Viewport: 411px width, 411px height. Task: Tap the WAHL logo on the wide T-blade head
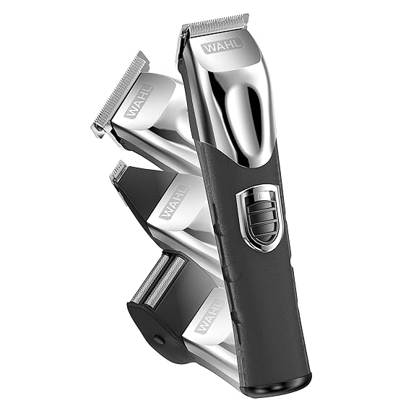click(x=139, y=102)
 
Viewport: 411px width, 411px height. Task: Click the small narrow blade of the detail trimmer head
click(x=116, y=170)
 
